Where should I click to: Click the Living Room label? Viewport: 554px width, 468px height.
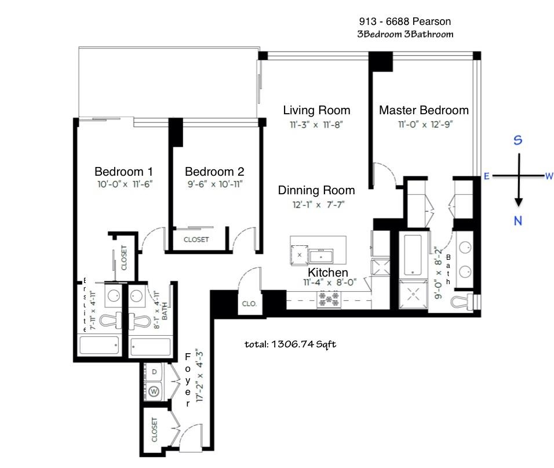click(x=316, y=110)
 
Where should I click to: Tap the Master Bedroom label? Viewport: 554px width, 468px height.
click(x=424, y=110)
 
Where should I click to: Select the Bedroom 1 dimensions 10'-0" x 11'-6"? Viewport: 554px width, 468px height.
click(x=125, y=184)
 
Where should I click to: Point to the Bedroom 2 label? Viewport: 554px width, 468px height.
click(x=214, y=172)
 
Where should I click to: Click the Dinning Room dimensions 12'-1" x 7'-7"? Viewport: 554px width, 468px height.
click(x=318, y=205)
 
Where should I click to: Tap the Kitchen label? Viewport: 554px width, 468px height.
click(x=328, y=272)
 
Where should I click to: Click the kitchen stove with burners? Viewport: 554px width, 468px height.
click(x=329, y=299)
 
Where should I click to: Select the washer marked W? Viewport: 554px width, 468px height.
click(x=154, y=391)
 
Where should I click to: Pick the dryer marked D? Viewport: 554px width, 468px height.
click(x=154, y=372)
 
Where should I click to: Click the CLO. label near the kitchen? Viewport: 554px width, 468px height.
click(x=249, y=304)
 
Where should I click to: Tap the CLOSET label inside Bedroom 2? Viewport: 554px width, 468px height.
click(x=196, y=240)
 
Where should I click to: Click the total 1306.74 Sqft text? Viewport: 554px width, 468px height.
click(x=290, y=344)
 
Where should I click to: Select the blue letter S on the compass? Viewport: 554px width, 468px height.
click(x=517, y=140)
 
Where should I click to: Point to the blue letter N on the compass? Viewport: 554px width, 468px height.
click(x=518, y=221)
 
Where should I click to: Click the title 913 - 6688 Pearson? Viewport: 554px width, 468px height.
click(x=405, y=21)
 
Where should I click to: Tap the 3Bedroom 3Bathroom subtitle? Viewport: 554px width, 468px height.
click(x=405, y=34)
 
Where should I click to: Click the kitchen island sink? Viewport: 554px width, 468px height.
click(x=321, y=255)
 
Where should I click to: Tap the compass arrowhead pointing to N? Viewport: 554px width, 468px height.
click(x=518, y=202)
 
